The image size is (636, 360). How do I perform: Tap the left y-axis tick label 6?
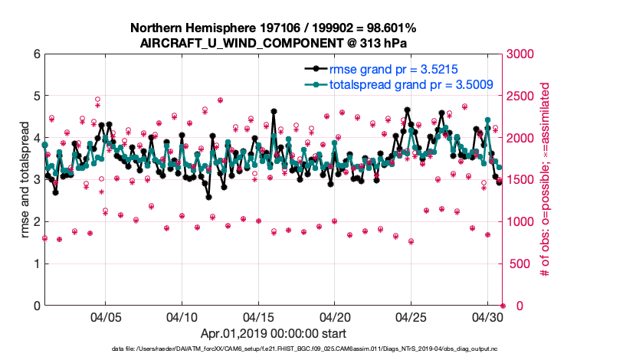[36, 54]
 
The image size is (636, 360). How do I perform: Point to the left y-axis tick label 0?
[36, 306]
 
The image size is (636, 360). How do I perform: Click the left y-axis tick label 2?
[36, 222]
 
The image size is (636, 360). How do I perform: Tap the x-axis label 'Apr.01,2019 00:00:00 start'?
[274, 334]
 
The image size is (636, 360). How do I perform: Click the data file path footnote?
[304, 349]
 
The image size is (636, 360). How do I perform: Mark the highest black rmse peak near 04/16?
[274, 112]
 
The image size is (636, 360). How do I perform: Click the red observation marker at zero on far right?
[503, 306]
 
